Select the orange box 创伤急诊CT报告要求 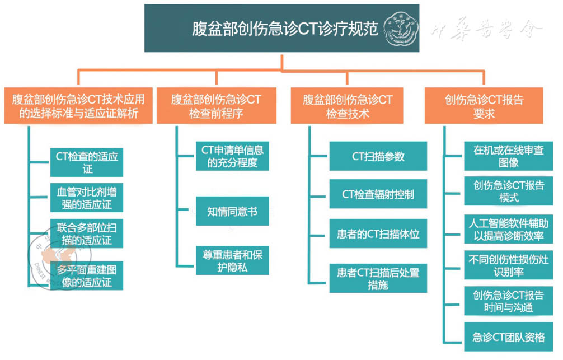tap(484, 106)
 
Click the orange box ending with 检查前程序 tap(216, 106)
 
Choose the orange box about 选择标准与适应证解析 tap(78, 106)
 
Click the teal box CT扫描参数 tap(378, 156)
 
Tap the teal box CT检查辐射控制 tap(378, 194)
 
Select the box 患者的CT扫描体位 tap(378, 233)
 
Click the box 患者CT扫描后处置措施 tap(378, 278)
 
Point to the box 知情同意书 tap(232, 211)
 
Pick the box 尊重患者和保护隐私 tap(232, 260)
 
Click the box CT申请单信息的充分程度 tap(232, 156)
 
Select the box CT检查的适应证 tap(86, 162)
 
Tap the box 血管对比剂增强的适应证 tap(86, 197)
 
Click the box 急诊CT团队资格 tap(508, 336)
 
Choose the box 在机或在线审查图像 tap(508, 156)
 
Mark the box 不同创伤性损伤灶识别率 tap(508, 265)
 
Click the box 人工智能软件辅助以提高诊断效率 tap(508, 228)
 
